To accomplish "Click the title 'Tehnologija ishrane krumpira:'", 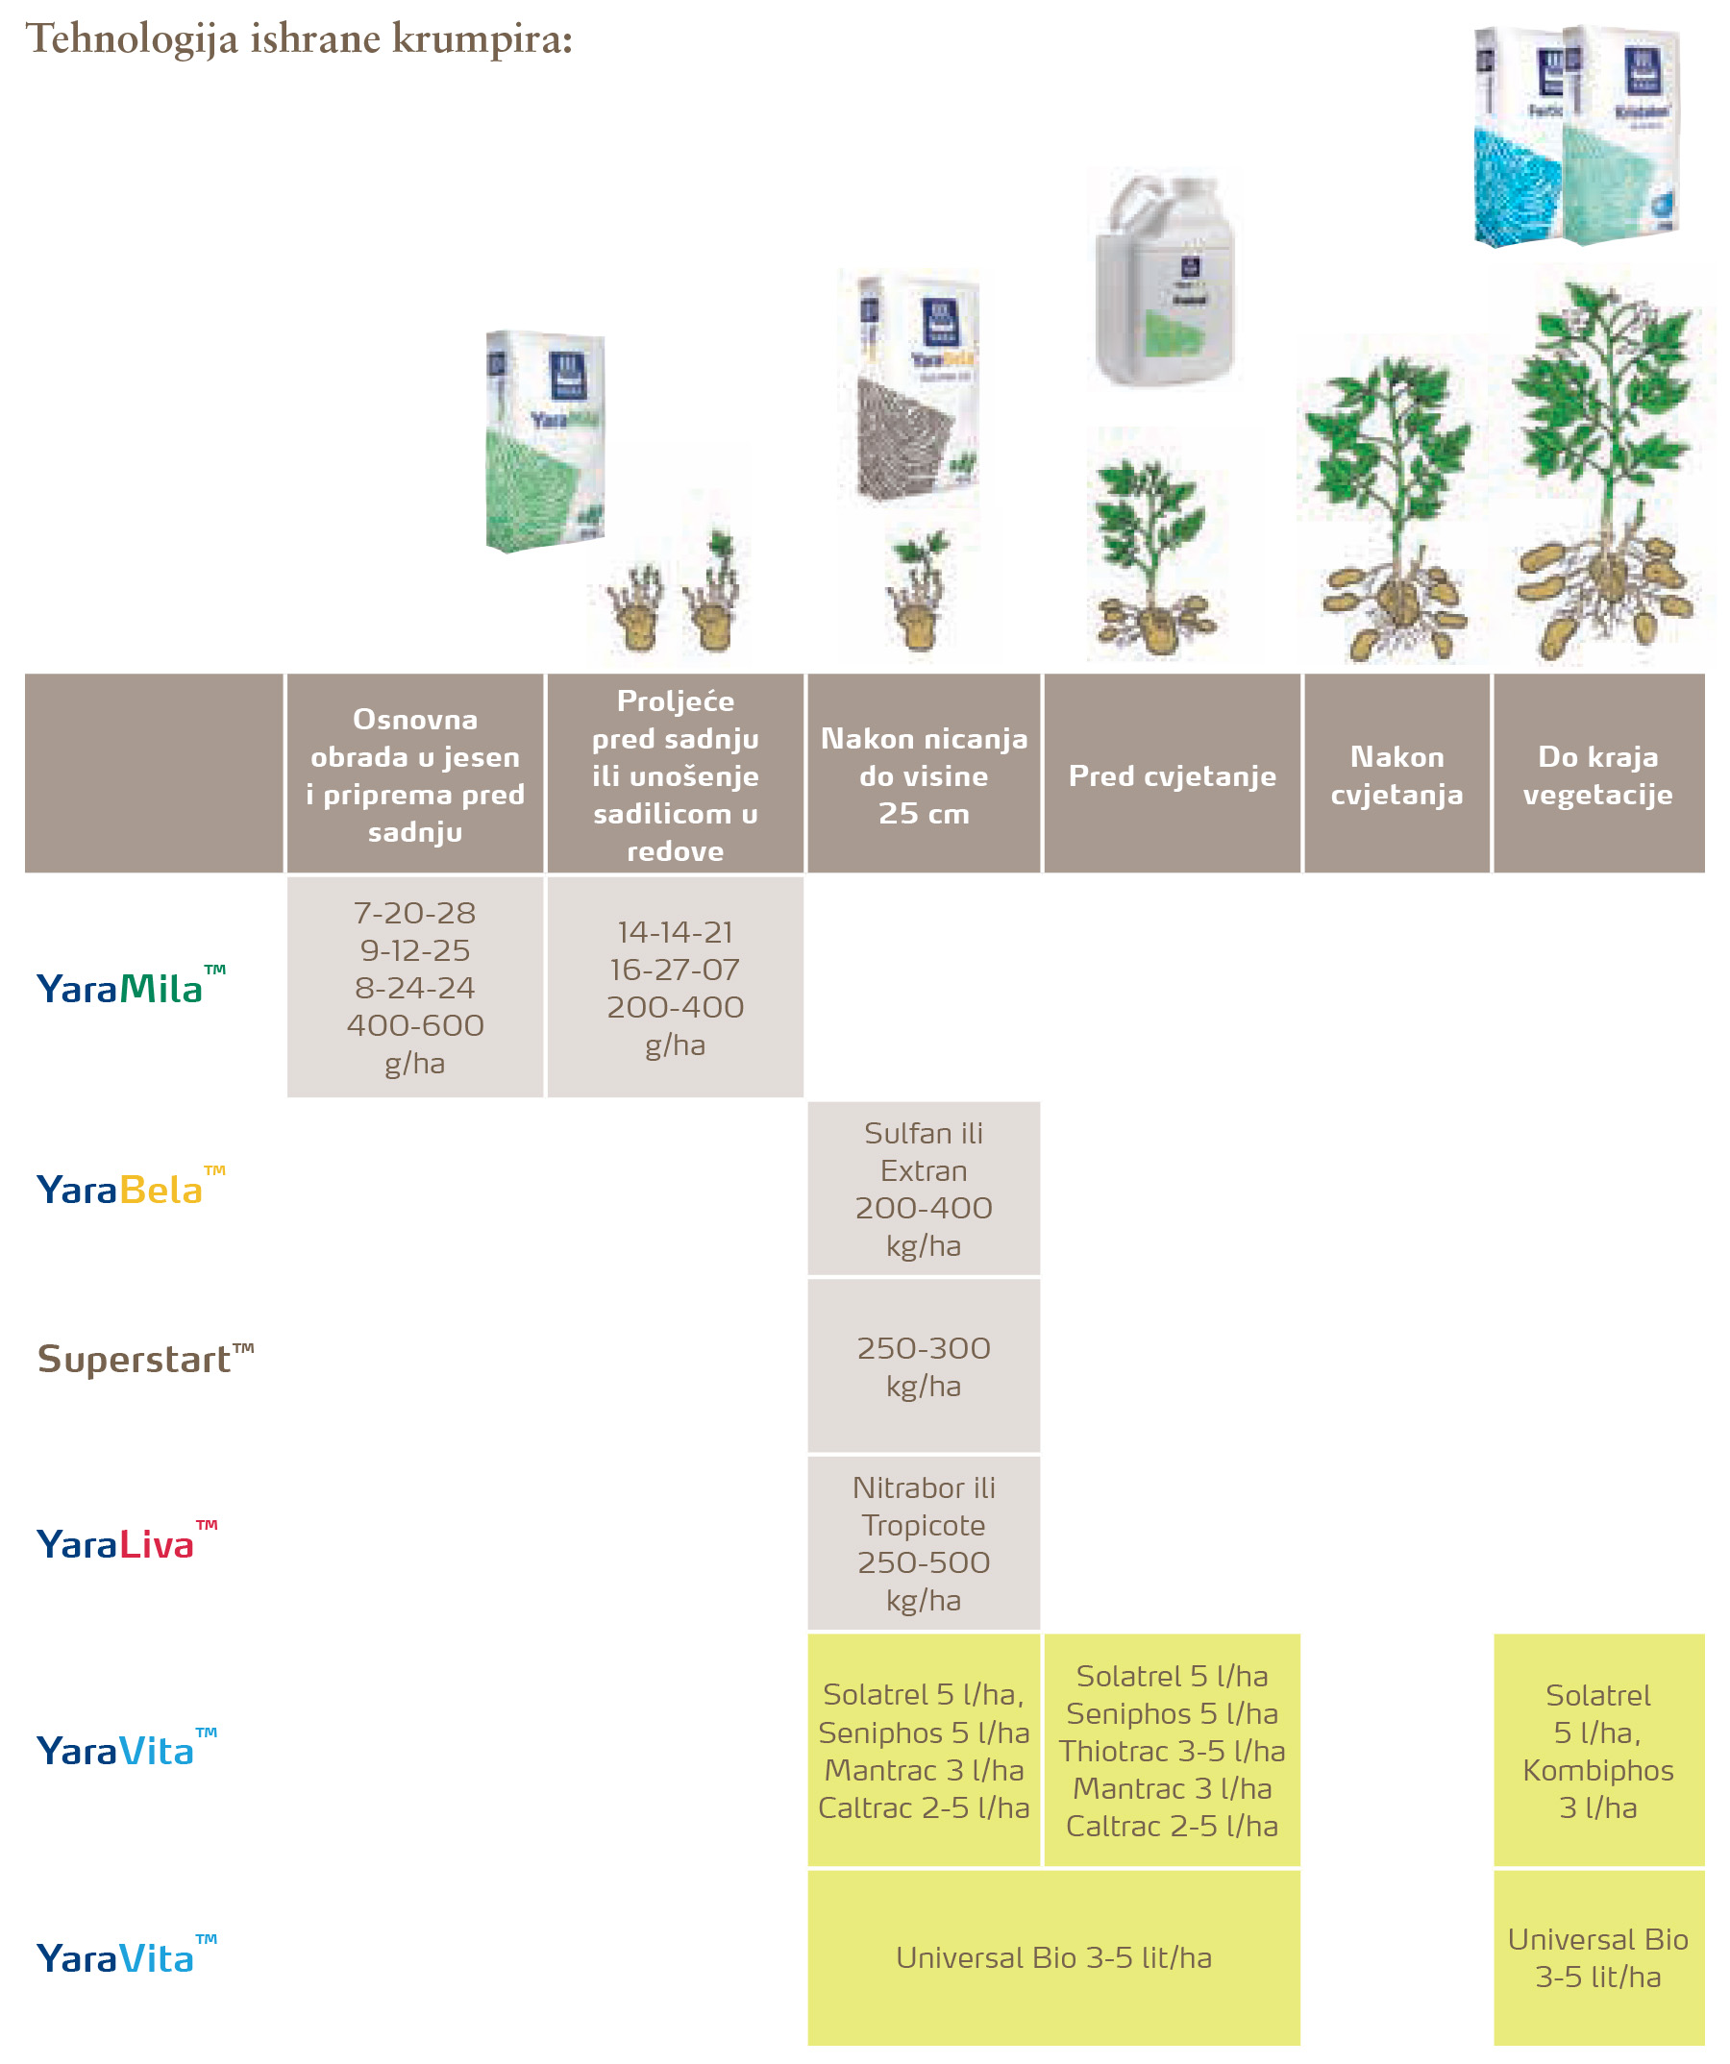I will coord(299,39).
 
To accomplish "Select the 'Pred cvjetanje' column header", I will coord(1172,775).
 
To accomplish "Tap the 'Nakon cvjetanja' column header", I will coord(1396,775).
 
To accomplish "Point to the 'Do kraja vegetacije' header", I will coord(1598,775).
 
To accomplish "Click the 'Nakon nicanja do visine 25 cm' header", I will coord(923,775).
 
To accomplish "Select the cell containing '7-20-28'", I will coord(415,987).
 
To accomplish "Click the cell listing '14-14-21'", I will coord(676,987).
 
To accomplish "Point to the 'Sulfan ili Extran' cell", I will coord(923,1189).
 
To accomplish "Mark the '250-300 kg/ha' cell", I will coord(923,1366).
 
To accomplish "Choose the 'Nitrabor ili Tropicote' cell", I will coord(923,1543).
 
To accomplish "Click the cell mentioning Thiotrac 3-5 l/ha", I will coord(1172,1751).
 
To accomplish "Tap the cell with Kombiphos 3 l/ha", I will coord(1598,1751).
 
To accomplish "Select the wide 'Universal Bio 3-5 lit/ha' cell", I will coord(1053,1958).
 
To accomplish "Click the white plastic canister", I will coord(1166,281).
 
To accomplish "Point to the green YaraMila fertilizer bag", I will coord(545,442).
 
